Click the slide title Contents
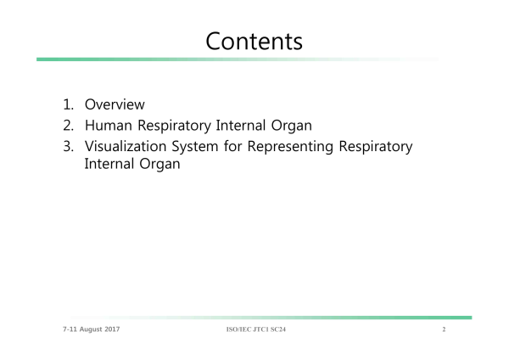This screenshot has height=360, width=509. pyautogui.click(x=255, y=42)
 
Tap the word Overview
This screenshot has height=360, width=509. pyautogui.click(x=115, y=104)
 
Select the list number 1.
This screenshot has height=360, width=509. pyautogui.click(x=68, y=104)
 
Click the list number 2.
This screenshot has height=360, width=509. pyautogui.click(x=68, y=126)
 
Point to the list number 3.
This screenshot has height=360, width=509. pyautogui.click(x=68, y=146)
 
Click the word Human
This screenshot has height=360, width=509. pyautogui.click(x=109, y=126)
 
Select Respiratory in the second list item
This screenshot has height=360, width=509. pyautogui.click(x=174, y=126)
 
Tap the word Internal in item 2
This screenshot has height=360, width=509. pyautogui.click(x=241, y=126)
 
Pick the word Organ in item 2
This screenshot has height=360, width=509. pyautogui.click(x=292, y=126)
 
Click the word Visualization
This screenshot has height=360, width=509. pyautogui.click(x=126, y=146)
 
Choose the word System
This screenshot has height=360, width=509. pyautogui.click(x=195, y=147)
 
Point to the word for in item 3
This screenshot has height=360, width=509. pyautogui.click(x=232, y=146)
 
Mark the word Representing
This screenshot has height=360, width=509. pyautogui.click(x=290, y=147)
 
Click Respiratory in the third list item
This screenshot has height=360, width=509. pyautogui.click(x=376, y=147)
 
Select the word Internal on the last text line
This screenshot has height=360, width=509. pyautogui.click(x=109, y=164)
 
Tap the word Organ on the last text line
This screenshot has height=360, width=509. pyautogui.click(x=159, y=165)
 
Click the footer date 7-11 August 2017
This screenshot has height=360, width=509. pyautogui.click(x=92, y=329)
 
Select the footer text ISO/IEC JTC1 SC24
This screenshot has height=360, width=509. pyautogui.click(x=256, y=329)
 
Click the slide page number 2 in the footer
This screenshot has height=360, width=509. pyautogui.click(x=444, y=329)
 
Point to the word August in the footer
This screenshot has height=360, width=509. pyautogui.click(x=91, y=329)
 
